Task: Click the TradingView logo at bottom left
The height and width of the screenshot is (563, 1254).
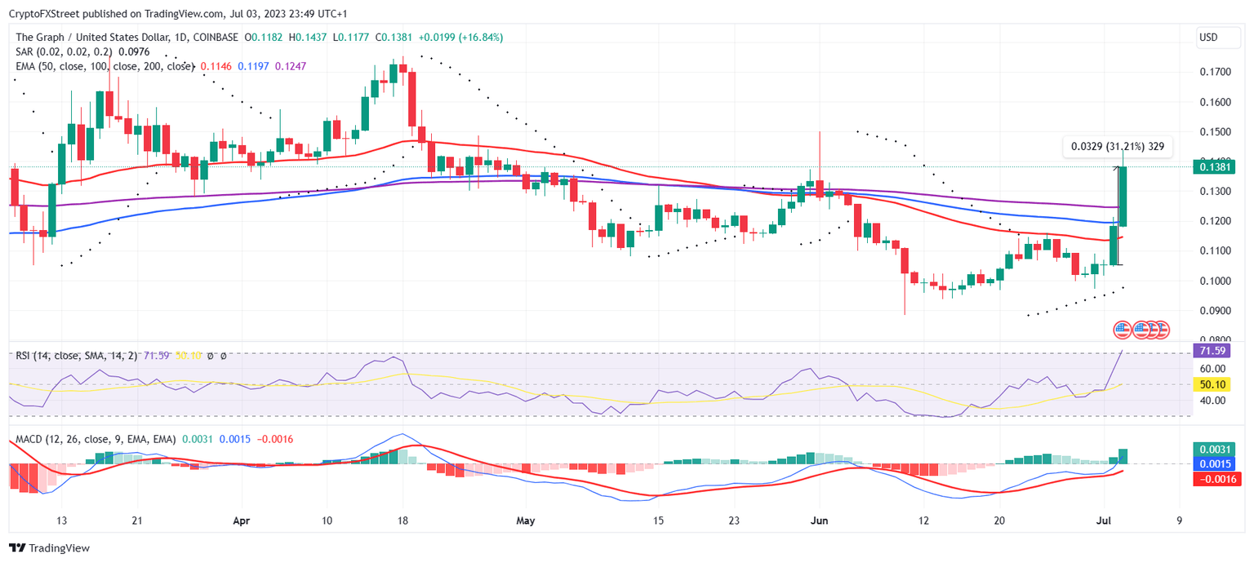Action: pos(49,548)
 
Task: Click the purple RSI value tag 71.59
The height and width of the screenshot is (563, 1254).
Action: pos(1212,351)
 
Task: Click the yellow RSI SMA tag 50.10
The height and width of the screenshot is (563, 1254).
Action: pos(1212,384)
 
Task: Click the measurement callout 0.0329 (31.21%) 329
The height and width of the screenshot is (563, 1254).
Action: pos(1118,148)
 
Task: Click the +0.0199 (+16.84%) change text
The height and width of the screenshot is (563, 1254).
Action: pos(460,38)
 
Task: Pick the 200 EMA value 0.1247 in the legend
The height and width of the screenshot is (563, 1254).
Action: pos(291,65)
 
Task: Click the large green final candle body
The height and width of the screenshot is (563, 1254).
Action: pos(1123,196)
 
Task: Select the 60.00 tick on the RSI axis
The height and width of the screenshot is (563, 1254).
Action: pos(1212,369)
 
